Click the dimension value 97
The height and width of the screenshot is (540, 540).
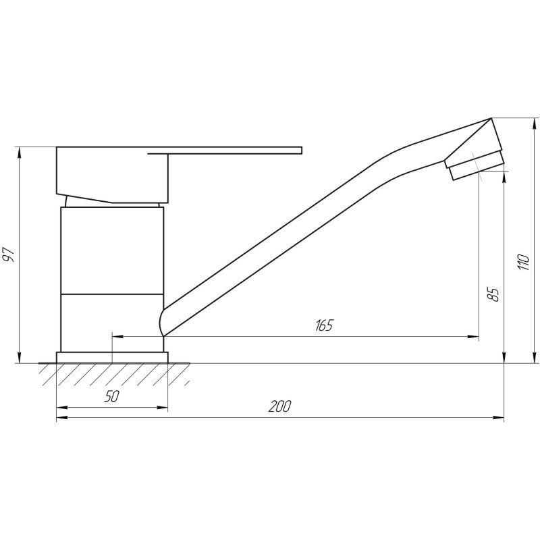click(x=9, y=255)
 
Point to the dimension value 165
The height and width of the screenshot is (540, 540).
click(x=324, y=325)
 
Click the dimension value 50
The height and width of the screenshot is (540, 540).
click(x=112, y=397)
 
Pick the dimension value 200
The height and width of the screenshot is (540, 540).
click(x=279, y=407)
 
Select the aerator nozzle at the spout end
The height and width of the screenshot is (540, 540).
click(x=476, y=164)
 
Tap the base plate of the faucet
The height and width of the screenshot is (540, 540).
click(x=111, y=357)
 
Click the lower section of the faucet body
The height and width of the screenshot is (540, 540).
click(x=111, y=323)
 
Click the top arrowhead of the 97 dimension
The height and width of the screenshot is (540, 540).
click(x=20, y=150)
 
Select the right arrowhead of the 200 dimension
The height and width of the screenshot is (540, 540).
click(x=500, y=418)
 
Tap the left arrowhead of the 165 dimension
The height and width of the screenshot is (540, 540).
click(x=115, y=335)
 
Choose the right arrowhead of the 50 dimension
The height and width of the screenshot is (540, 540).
click(x=164, y=408)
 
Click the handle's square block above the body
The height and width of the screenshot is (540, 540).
click(x=111, y=173)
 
